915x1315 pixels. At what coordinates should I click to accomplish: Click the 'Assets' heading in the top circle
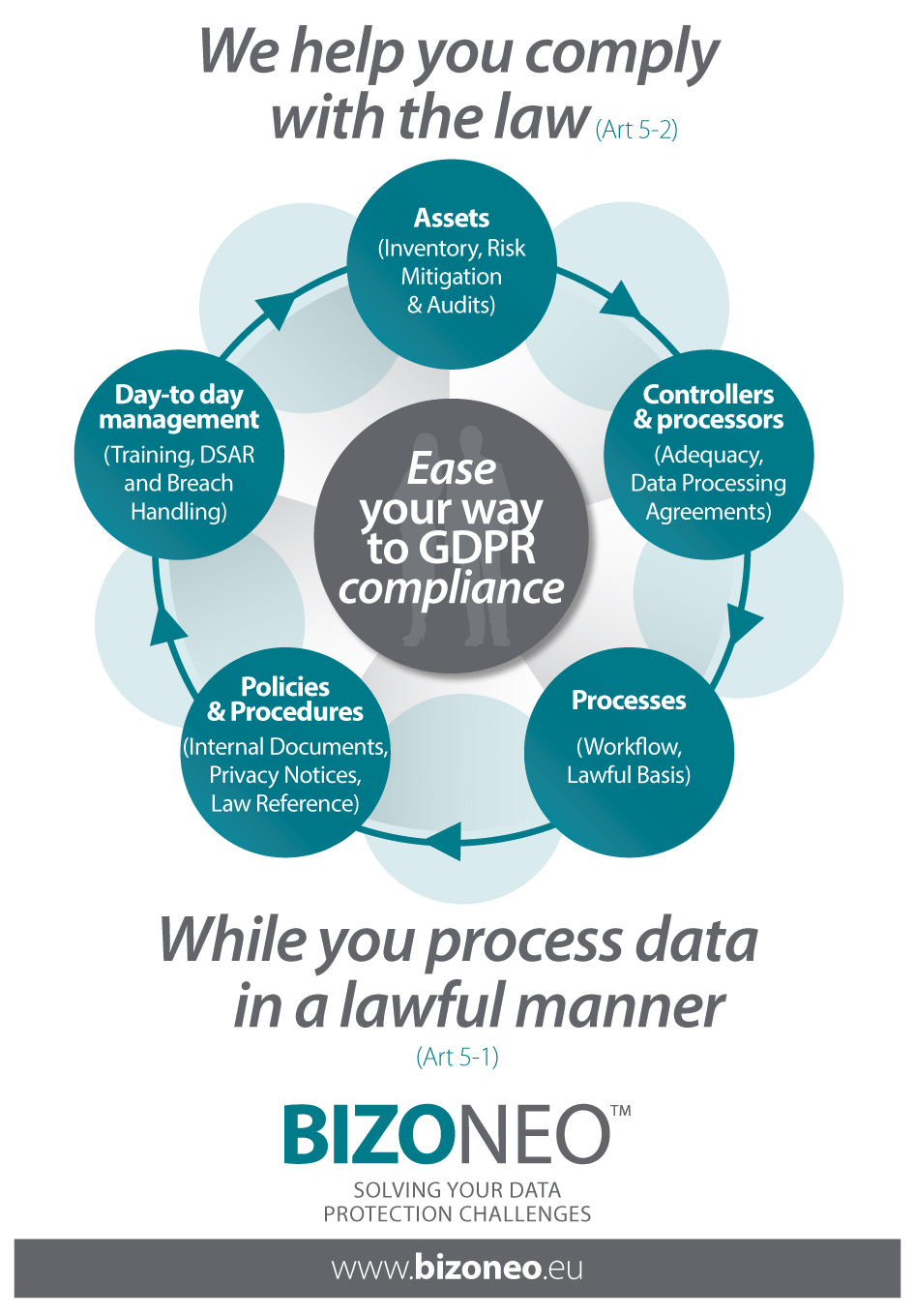(451, 219)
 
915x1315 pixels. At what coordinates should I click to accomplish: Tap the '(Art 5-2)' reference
(636, 130)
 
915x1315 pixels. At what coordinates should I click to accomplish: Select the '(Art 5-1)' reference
(457, 1057)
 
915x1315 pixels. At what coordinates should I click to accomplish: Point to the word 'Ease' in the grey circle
(452, 469)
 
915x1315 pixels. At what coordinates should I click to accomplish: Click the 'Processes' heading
(629, 701)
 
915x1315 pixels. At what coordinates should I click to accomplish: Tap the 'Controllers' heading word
(708, 395)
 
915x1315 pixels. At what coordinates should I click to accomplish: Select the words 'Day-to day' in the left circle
(179, 395)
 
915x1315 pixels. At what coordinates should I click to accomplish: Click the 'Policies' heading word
(285, 687)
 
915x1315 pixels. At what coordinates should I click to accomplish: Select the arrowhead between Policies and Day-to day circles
(166, 626)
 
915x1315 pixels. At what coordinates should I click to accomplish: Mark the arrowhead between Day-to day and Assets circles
(277, 308)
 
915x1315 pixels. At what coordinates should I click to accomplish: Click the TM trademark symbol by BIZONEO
(621, 1110)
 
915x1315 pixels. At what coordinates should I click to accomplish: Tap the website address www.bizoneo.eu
(457, 1268)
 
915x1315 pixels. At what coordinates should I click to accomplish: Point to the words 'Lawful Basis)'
(629, 775)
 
